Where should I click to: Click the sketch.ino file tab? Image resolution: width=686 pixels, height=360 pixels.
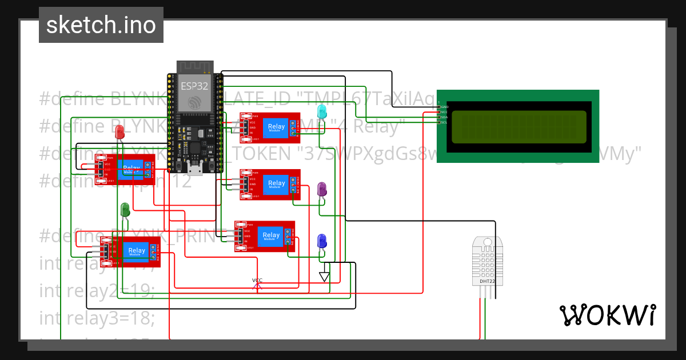(x=101, y=25)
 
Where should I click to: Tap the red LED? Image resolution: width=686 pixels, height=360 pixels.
(x=119, y=133)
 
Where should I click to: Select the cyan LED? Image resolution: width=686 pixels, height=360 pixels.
(x=322, y=111)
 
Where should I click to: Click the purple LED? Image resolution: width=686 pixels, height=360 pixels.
(x=322, y=189)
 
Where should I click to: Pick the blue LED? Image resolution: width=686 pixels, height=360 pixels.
(x=322, y=241)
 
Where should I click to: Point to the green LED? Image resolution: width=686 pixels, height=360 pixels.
(x=125, y=209)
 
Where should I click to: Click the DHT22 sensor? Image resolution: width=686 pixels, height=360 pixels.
(x=488, y=261)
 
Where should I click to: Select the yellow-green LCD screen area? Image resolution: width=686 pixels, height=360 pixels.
(x=519, y=126)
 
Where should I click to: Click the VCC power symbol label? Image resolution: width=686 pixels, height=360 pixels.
(x=257, y=280)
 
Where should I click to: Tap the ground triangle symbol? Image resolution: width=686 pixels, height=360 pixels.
(x=325, y=277)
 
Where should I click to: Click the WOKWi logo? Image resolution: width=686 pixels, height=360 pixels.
(x=608, y=315)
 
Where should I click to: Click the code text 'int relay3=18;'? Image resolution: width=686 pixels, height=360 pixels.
(x=97, y=318)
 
